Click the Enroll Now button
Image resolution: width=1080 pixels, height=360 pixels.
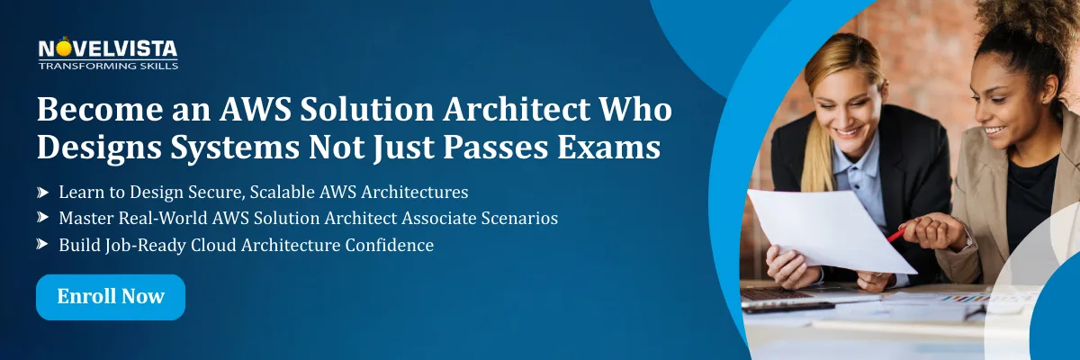pos(111,297)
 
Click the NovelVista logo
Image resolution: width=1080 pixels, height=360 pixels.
pos(107,49)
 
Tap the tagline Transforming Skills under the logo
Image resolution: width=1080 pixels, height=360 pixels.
pos(108,66)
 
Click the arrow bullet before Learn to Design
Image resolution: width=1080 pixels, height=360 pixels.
pos(43,193)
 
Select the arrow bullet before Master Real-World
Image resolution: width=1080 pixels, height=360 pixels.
pos(43,219)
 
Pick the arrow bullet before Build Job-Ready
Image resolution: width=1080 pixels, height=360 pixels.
pos(43,245)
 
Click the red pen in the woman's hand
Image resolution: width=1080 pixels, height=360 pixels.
pos(896,235)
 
